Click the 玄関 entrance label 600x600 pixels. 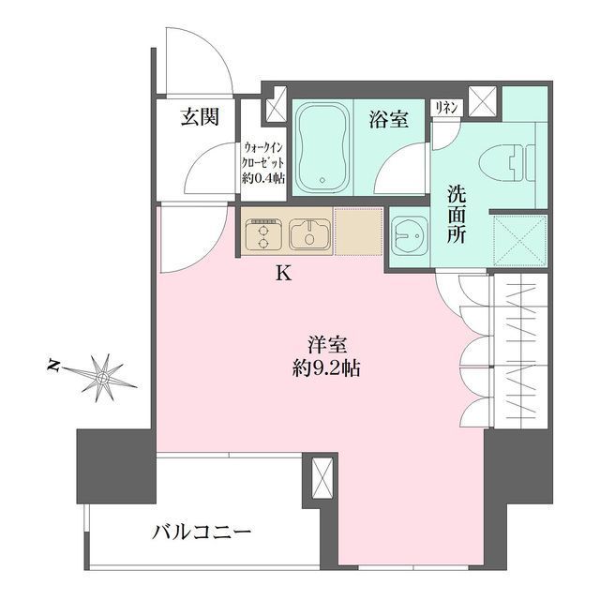click(x=200, y=118)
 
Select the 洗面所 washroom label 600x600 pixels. click(x=456, y=215)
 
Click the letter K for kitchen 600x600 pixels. click(x=283, y=275)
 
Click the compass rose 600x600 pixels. click(x=101, y=377)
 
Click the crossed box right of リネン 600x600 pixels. click(x=484, y=100)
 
